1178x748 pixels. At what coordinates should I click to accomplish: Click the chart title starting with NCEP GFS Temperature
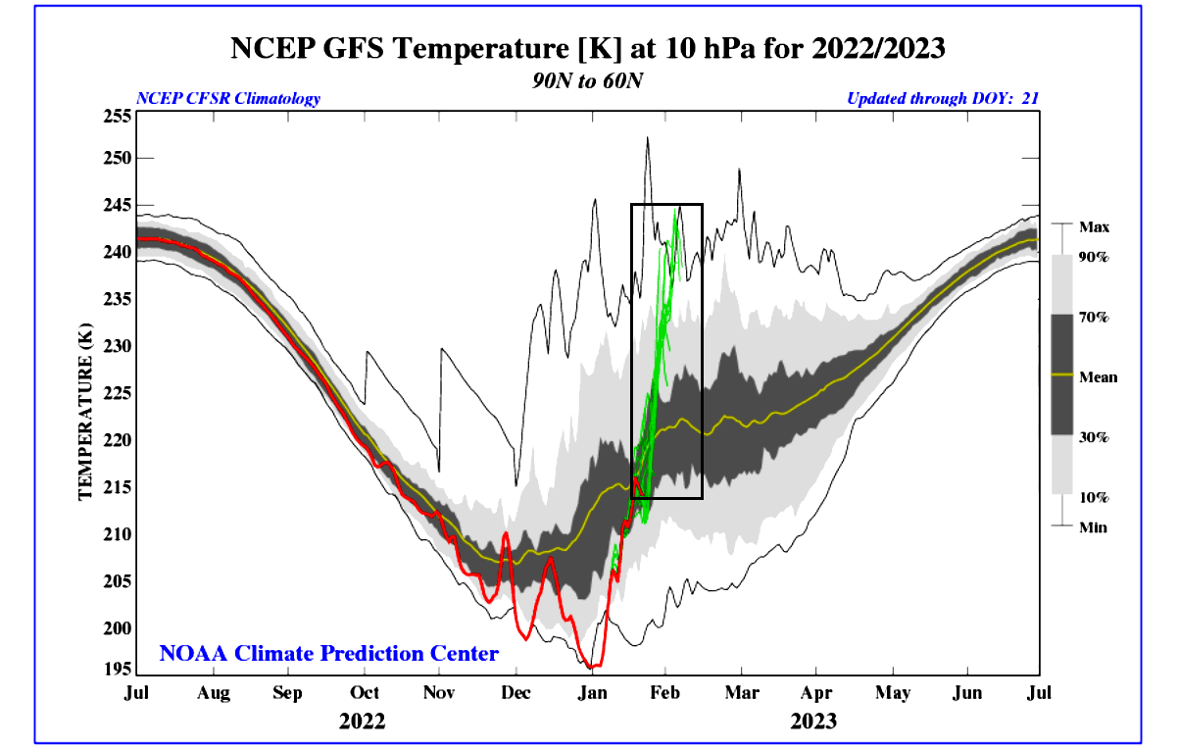[x=588, y=48]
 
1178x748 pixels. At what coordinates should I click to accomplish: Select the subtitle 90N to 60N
[x=588, y=79]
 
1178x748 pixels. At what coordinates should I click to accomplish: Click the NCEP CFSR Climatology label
[x=228, y=99]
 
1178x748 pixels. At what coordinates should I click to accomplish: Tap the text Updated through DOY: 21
[x=942, y=99]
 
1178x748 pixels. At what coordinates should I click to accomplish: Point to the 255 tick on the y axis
[x=117, y=115]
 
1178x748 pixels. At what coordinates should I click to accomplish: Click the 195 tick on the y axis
[x=117, y=670]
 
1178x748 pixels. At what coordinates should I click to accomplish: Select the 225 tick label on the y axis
[x=117, y=393]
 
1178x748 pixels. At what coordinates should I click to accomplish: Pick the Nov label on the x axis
[x=439, y=694]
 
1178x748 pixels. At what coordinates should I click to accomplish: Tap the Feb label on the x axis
[x=665, y=694]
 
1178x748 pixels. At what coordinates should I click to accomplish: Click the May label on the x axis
[x=892, y=694]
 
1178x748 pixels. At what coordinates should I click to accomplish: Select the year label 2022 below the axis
[x=363, y=722]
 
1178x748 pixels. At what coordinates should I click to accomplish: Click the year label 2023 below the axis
[x=813, y=722]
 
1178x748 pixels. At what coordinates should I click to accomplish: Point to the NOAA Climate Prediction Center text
[x=329, y=653]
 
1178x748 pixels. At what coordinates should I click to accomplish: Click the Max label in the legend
[x=1093, y=227]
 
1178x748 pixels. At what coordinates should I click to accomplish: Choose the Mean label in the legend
[x=1098, y=376]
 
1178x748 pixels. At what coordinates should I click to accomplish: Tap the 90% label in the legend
[x=1094, y=257]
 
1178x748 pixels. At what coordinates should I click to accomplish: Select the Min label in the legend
[x=1093, y=527]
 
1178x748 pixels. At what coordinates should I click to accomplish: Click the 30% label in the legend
[x=1094, y=437]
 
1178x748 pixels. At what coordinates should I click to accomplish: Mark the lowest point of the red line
[x=592, y=667]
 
